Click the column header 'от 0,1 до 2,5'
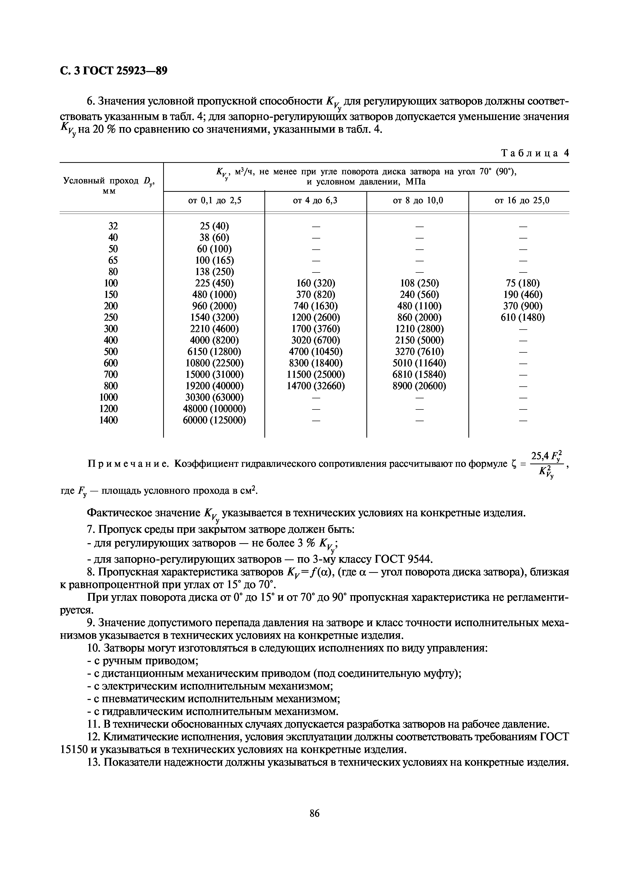click(x=214, y=201)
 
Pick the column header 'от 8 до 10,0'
click(x=418, y=201)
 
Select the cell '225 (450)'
click(x=214, y=283)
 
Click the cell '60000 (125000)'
click(x=214, y=420)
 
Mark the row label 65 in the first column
click(x=113, y=260)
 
